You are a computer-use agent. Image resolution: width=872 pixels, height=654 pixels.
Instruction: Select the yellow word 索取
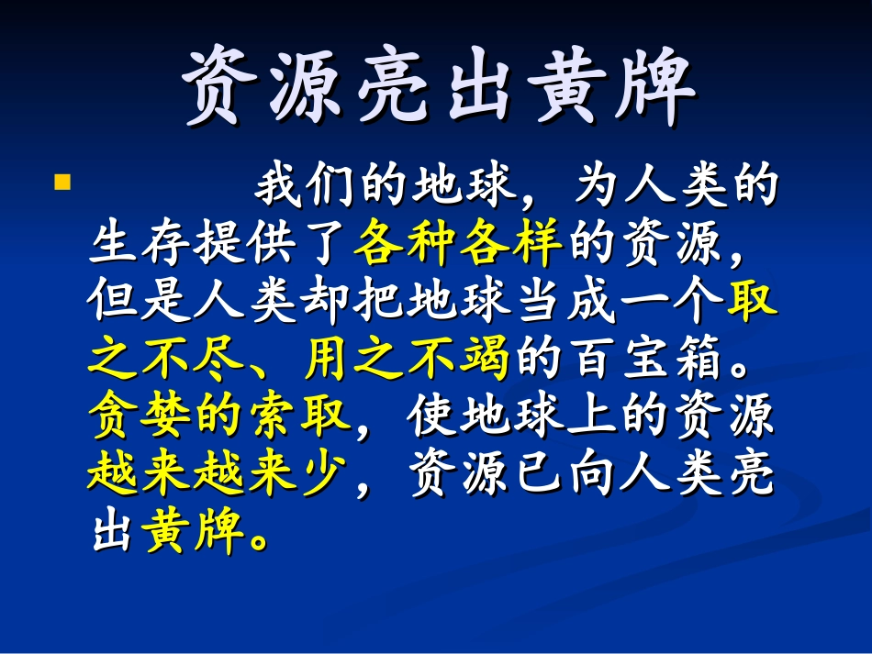301,416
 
